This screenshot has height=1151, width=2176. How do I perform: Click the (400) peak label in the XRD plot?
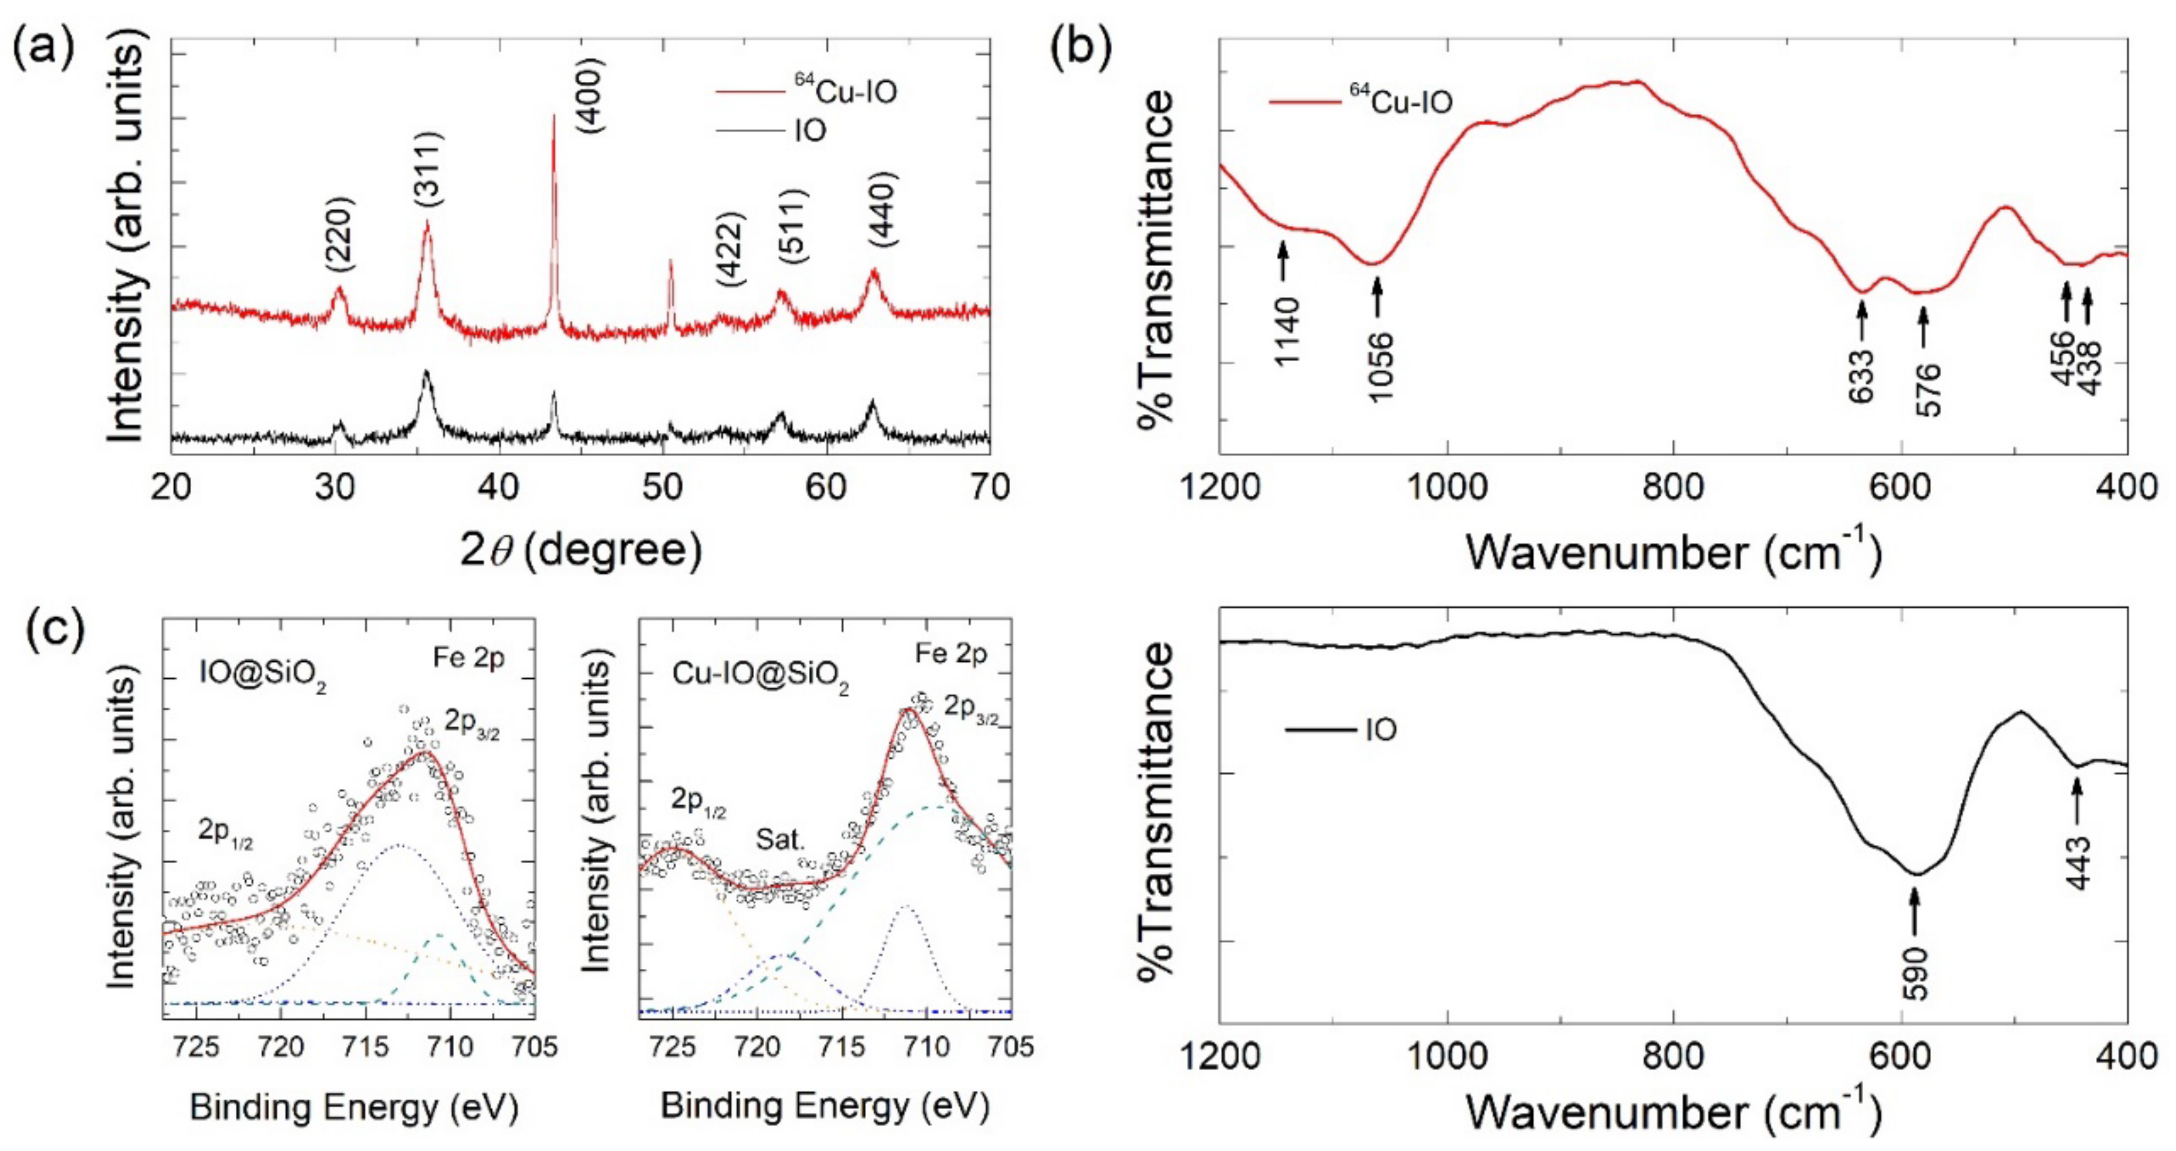(591, 95)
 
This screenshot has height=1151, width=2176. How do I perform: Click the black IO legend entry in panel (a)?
(809, 131)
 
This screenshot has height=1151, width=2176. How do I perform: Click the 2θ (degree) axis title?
(581, 551)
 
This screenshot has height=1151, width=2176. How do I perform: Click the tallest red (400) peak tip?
(553, 116)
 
